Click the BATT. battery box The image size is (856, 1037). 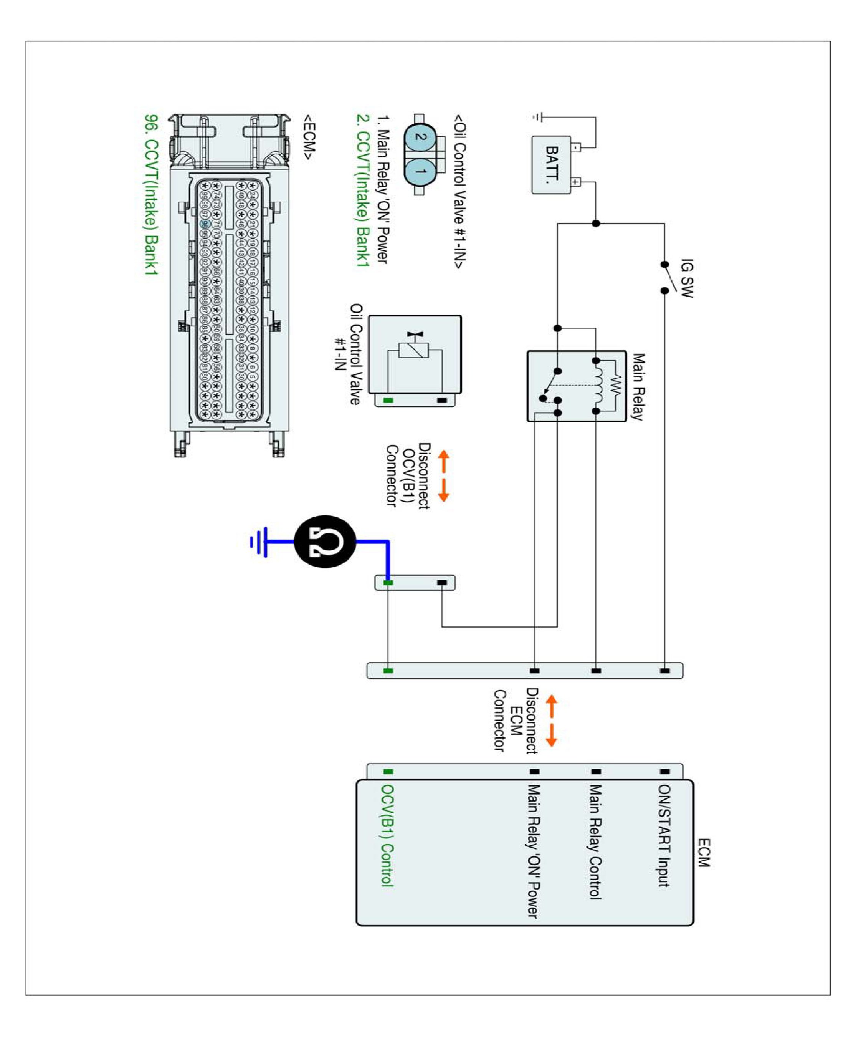(551, 165)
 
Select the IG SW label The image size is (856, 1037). (687, 278)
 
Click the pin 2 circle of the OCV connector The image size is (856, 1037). (420, 137)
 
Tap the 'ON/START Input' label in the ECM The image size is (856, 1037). (664, 836)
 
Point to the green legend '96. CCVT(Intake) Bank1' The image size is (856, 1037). (151, 194)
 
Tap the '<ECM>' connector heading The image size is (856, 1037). (309, 137)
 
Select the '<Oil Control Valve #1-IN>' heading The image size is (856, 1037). (459, 192)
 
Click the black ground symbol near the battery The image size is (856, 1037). (539, 118)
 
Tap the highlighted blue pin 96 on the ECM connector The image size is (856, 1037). (205, 224)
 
